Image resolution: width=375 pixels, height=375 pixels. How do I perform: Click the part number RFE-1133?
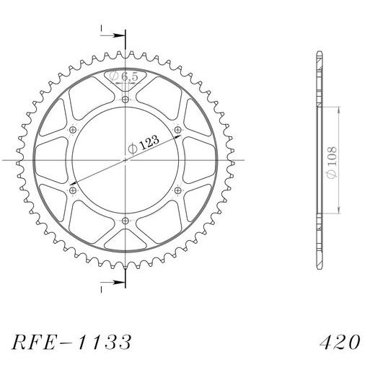[71, 342]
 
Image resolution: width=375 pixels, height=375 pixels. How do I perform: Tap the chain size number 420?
[340, 342]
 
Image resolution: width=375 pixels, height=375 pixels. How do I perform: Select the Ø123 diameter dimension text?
[144, 144]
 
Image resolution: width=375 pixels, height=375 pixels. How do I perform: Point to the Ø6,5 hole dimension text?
[124, 76]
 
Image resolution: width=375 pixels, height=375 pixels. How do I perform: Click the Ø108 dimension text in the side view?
[332, 163]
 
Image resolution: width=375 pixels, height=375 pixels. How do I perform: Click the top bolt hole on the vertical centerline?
[125, 99]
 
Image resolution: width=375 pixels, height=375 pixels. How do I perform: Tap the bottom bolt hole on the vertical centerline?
[125, 221]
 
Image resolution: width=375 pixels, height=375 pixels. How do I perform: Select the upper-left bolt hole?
[73, 130]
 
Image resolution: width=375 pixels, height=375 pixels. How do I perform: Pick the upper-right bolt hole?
[177, 130]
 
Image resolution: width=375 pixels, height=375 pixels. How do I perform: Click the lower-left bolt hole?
[73, 190]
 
